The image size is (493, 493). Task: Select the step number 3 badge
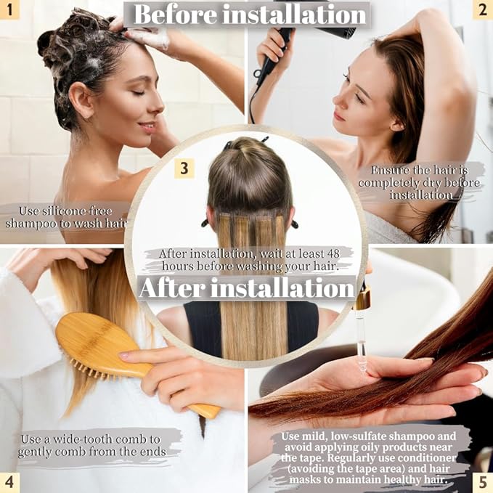(184, 168)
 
